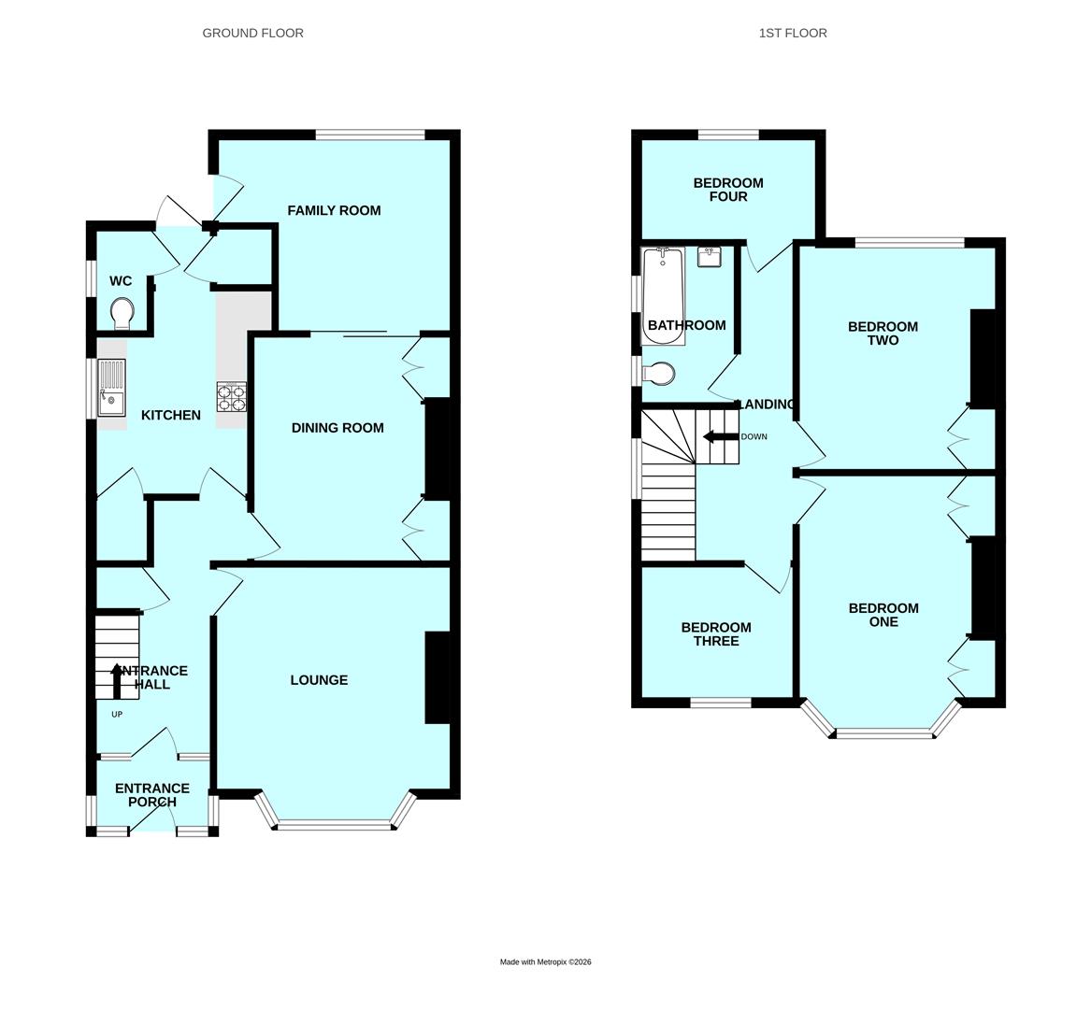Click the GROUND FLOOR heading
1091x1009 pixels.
252,33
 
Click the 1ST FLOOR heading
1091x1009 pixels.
793,33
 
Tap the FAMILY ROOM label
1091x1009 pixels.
334,210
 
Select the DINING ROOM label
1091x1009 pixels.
337,428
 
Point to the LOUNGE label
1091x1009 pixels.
319,680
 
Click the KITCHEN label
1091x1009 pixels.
170,415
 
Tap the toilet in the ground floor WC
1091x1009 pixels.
122,314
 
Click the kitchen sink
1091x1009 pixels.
111,388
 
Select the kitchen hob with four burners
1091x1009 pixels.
232,397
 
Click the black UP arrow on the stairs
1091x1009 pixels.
116,680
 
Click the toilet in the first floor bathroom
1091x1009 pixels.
658,374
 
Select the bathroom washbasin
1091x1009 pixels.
708,256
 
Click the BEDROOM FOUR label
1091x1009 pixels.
728,190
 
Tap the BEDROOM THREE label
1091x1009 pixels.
716,634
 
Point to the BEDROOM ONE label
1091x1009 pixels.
883,615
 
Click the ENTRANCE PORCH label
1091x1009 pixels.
152,795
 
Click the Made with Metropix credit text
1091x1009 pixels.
546,961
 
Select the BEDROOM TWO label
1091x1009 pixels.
883,334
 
